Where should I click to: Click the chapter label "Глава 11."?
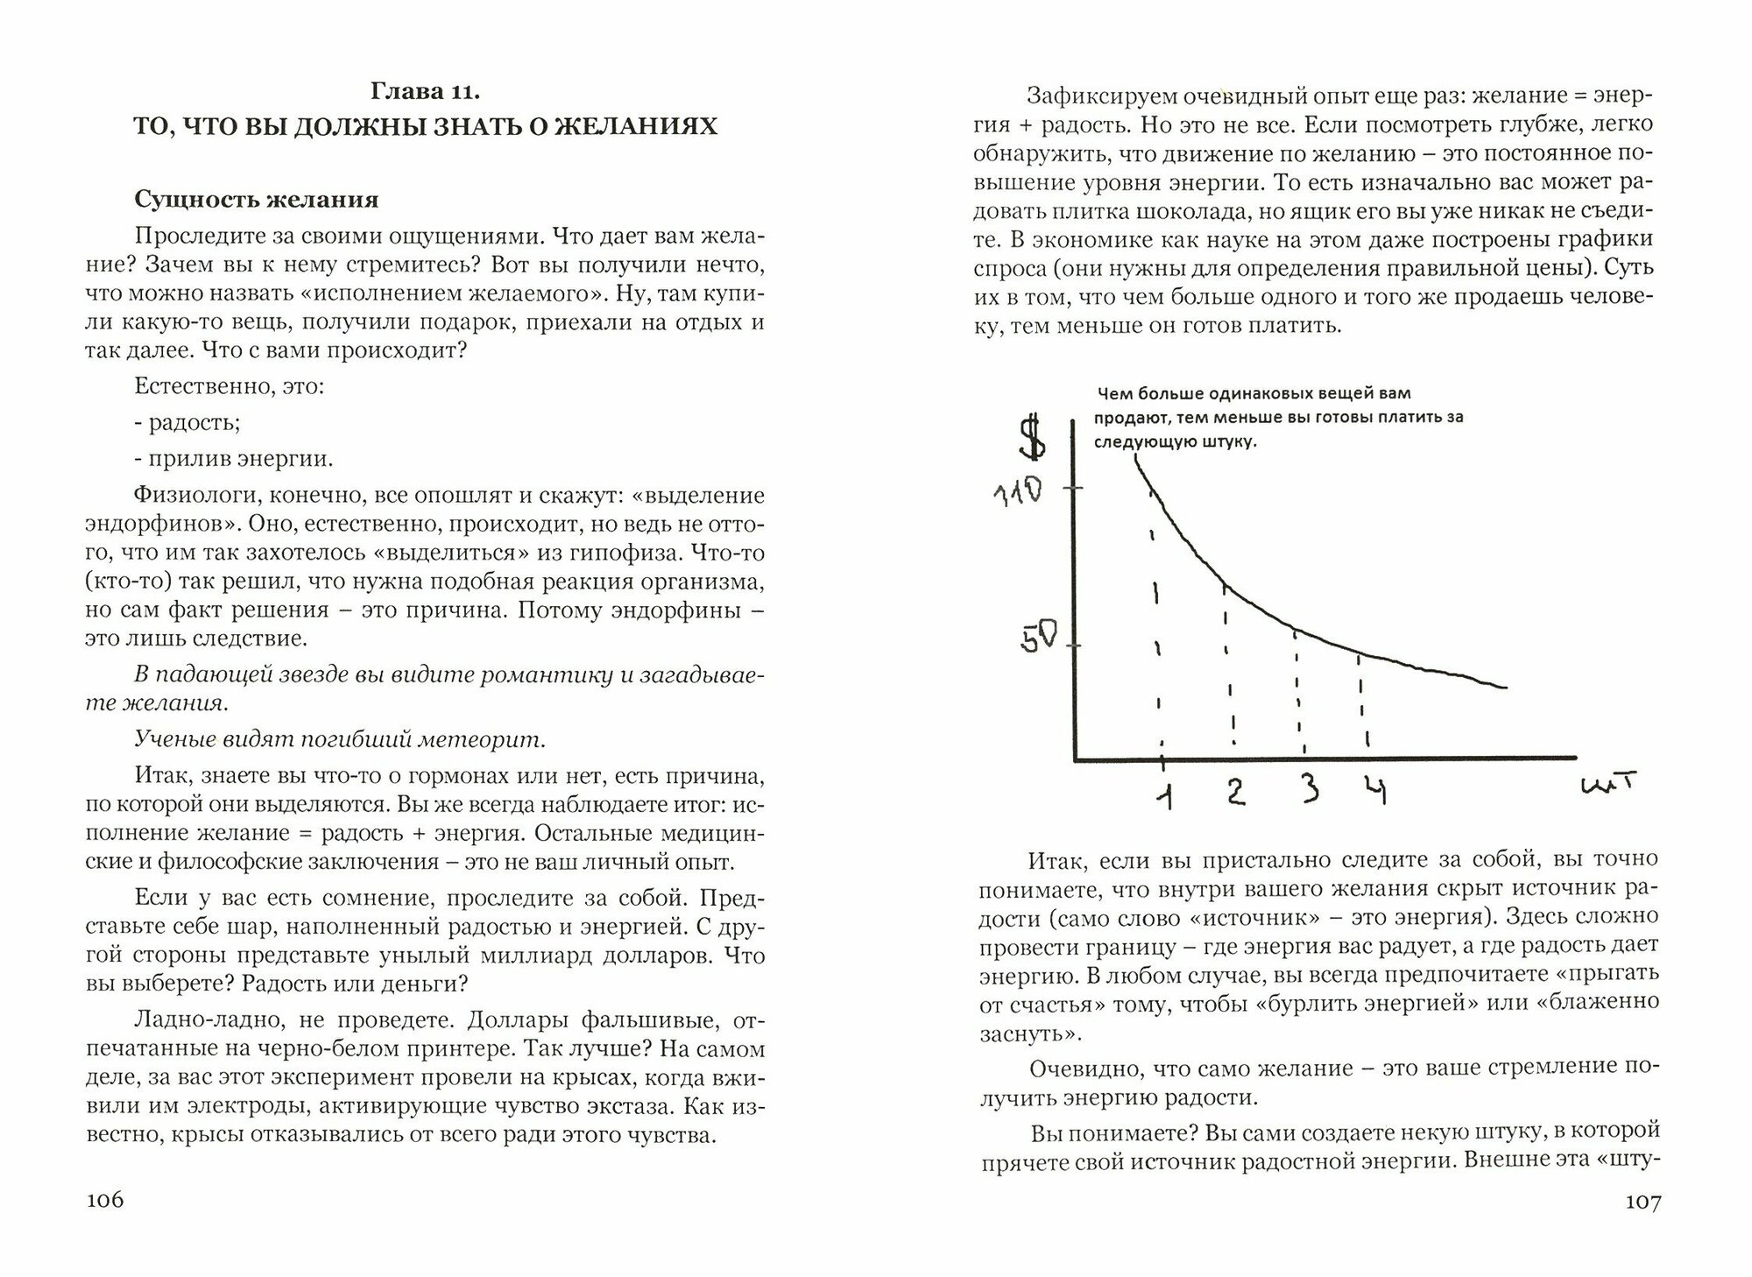tap(426, 91)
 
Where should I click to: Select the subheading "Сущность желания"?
tap(257, 200)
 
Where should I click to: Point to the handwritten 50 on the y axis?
tap(1039, 638)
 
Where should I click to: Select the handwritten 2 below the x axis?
tap(1235, 790)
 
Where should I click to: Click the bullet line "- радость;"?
tap(187, 422)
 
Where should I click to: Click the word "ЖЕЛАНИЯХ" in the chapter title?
tap(639, 127)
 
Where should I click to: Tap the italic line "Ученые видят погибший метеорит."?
tap(340, 739)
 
